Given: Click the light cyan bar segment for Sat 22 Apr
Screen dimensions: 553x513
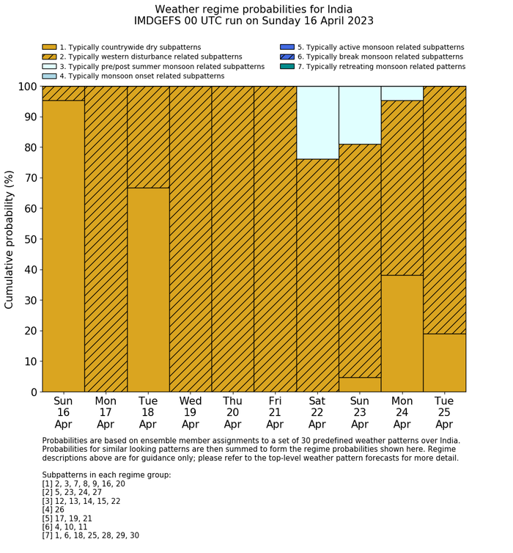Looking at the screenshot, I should click(317, 122).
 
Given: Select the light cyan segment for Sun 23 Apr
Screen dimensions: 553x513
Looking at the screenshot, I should click(359, 115).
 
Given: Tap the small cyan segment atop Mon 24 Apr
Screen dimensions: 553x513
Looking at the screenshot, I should click(402, 93).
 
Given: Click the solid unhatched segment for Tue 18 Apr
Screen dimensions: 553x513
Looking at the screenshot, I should click(148, 290).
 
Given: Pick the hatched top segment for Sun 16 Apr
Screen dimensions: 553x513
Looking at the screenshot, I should click(63, 93).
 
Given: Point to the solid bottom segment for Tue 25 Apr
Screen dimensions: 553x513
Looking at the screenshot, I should click(444, 362).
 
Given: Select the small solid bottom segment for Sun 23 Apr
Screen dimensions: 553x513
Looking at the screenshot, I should click(359, 384).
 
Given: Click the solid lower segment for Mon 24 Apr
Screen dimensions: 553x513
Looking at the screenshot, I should click(402, 333).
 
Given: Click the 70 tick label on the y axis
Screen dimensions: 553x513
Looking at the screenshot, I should click(28, 178).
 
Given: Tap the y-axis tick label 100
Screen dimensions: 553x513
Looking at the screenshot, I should click(24, 87).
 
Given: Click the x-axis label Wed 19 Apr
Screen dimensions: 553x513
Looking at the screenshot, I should click(191, 412).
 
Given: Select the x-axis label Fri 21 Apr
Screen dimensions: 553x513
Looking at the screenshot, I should click(275, 412).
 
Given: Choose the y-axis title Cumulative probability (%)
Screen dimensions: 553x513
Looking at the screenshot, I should click(10, 239).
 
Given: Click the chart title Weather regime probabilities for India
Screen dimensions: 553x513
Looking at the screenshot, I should click(254, 10).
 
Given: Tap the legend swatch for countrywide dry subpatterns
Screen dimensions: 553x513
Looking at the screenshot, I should click(49, 47).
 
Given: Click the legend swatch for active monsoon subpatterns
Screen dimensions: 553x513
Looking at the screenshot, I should click(287, 47).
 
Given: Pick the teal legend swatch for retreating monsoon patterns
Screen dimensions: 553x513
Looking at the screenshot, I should click(287, 66).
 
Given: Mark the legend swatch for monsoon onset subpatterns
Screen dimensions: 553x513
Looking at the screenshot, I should click(49, 76).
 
